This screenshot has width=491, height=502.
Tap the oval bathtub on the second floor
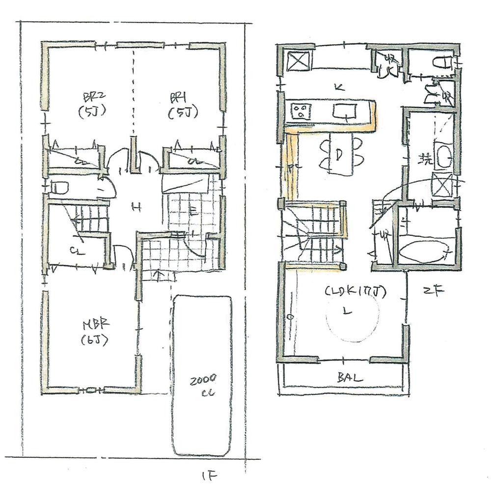(x=425, y=251)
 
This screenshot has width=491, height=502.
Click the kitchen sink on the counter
(x=345, y=112)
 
